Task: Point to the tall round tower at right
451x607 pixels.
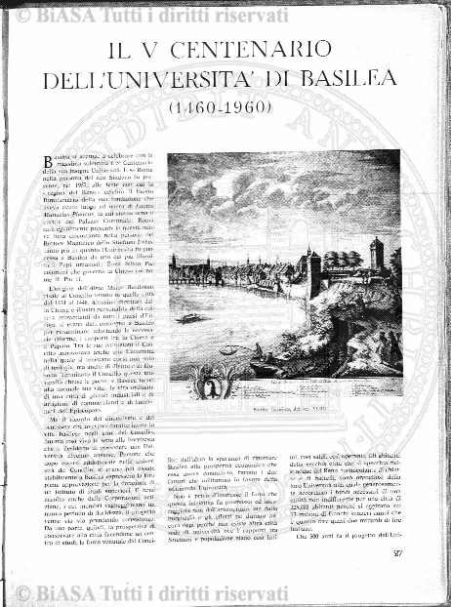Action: pos(377,256)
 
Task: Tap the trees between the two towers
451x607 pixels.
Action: pos(345,259)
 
